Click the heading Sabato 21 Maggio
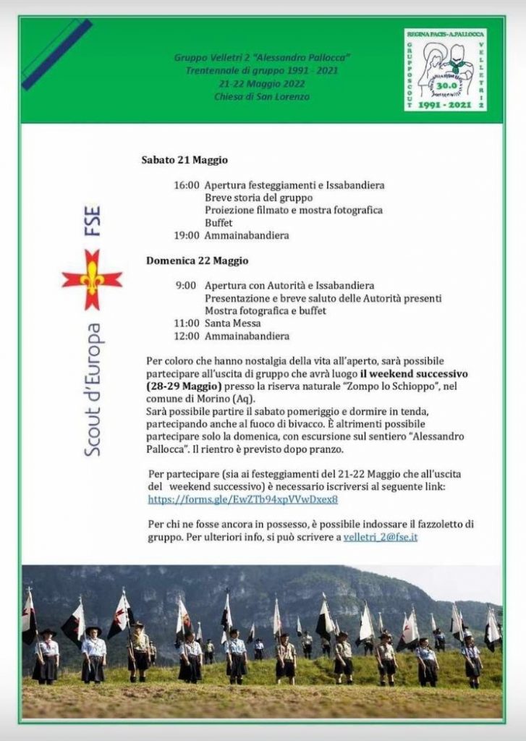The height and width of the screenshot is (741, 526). tap(184, 160)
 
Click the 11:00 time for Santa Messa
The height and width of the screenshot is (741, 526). tap(186, 323)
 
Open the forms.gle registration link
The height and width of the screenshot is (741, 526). tap(243, 499)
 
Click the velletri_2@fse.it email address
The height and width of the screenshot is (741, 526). tap(381, 537)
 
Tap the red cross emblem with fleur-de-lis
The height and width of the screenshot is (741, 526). tap(92, 279)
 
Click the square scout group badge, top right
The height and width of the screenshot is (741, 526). tap(445, 70)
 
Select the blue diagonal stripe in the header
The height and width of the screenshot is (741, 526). tap(57, 54)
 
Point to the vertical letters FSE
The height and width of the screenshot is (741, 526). tap(93, 224)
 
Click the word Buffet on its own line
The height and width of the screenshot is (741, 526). tap(219, 223)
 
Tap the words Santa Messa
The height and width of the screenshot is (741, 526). tap(232, 323)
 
